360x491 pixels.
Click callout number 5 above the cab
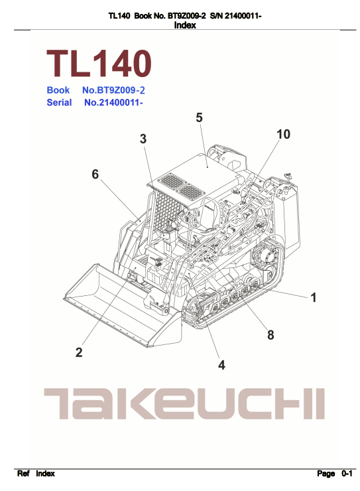tap(199, 117)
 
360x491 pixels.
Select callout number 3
tap(143, 139)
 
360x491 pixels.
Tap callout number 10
tap(283, 134)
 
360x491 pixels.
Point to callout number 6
tap(95, 174)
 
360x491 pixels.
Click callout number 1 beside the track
tap(314, 297)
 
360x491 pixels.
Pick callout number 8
tap(270, 335)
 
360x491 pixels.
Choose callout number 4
tap(221, 365)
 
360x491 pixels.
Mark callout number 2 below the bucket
tap(79, 352)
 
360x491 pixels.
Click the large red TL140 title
tap(99, 64)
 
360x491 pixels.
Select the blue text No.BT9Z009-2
tap(113, 90)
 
